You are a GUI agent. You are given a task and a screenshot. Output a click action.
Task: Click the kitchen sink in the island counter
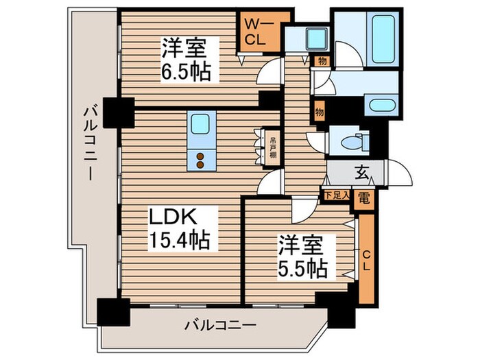[201, 125]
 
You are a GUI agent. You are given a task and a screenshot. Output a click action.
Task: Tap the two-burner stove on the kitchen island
[201, 160]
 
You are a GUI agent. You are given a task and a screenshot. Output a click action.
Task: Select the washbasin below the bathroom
[378, 106]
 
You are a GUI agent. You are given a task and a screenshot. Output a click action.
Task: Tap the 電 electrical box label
[364, 197]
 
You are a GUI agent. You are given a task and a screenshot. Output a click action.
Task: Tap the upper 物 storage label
[321, 62]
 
